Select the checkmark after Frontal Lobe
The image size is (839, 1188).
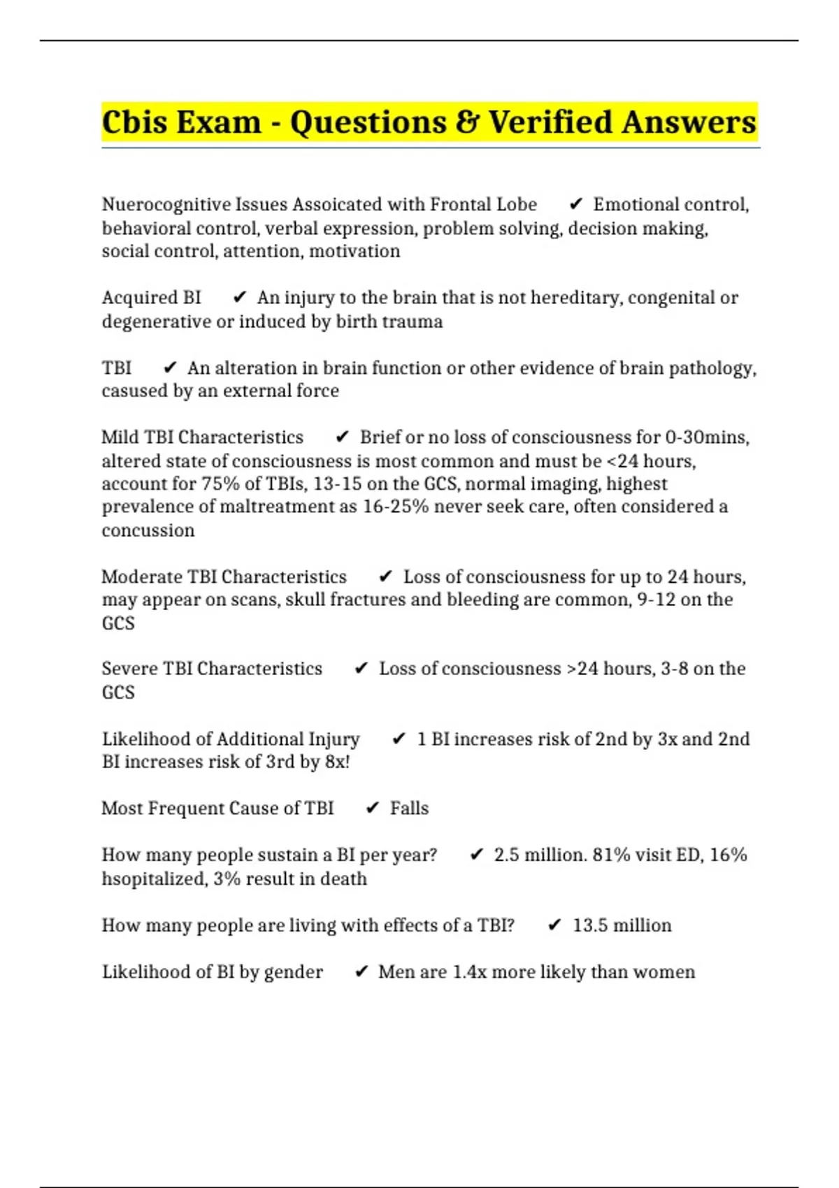[576, 204]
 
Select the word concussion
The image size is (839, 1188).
[148, 530]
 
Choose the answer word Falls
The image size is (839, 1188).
[409, 809]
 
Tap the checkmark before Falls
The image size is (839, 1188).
[373, 809]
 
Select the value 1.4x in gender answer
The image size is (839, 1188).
[469, 972]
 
